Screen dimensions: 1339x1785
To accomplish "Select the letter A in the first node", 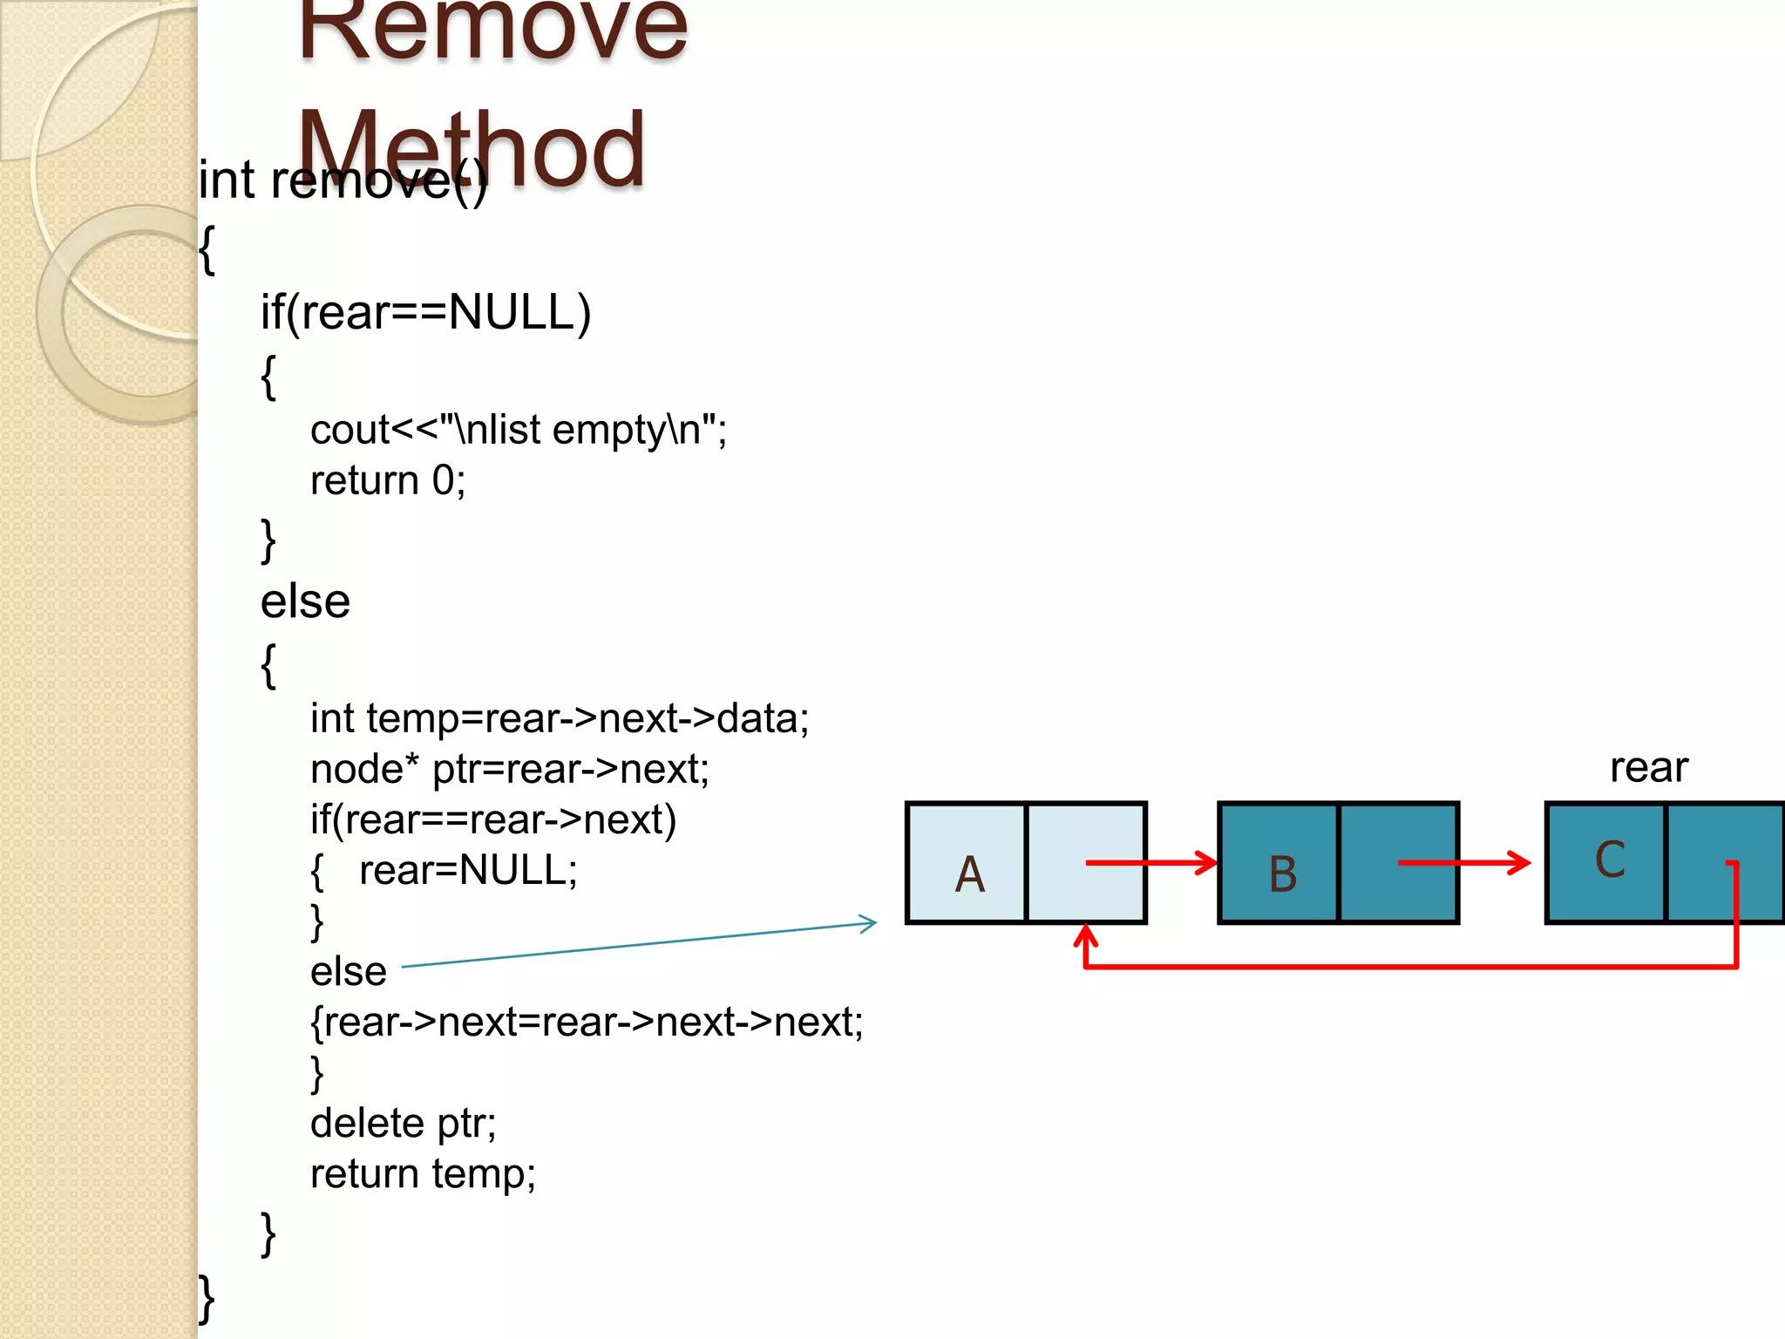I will click(969, 873).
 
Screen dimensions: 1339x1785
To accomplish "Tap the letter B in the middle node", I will click(1282, 873).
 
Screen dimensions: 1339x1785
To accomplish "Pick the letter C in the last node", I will click(1609, 860).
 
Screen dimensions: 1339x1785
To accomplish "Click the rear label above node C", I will click(1648, 767).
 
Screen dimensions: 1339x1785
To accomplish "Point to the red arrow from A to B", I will click(1150, 863).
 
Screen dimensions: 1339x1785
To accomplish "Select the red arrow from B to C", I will click(1464, 863).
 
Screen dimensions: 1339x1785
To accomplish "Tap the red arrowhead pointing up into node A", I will click(1085, 936).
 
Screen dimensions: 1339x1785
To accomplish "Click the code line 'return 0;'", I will click(388, 480).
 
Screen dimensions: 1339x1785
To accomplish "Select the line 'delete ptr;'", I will click(403, 1123).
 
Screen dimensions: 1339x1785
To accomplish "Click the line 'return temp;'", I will click(423, 1173).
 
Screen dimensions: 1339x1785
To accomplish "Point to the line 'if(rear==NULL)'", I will click(425, 312).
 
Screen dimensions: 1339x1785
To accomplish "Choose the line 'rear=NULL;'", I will click(468, 870).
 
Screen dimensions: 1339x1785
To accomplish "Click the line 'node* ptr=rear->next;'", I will click(510, 769).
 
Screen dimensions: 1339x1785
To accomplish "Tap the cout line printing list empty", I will click(519, 430).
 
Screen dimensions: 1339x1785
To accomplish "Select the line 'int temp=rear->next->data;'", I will click(560, 718).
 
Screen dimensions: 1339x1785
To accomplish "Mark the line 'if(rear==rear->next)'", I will click(493, 819).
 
